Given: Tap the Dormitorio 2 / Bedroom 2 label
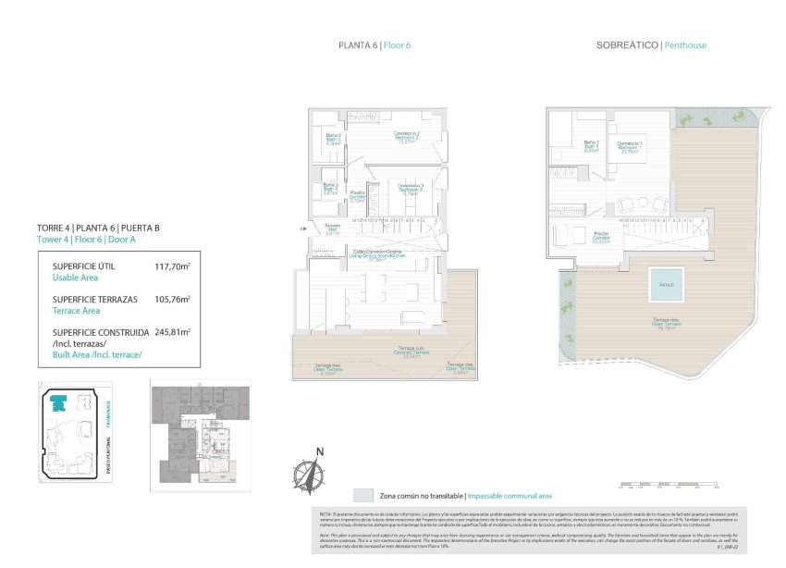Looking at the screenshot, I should coord(407,137).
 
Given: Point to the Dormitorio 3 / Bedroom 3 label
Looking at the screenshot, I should coord(409,190).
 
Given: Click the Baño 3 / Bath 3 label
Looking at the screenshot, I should coord(331,190).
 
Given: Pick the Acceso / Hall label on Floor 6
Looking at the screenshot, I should coord(334,230).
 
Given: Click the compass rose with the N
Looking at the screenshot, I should coord(309,474).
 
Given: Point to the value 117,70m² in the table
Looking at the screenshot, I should coord(172,266).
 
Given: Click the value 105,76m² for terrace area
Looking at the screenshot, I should coord(172,300).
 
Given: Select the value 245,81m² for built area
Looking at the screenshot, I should coord(172,331).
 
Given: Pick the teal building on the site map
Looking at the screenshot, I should coord(59,402).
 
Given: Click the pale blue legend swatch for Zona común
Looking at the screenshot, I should coord(363,495).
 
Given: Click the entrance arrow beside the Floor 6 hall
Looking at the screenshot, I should coord(303,228).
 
